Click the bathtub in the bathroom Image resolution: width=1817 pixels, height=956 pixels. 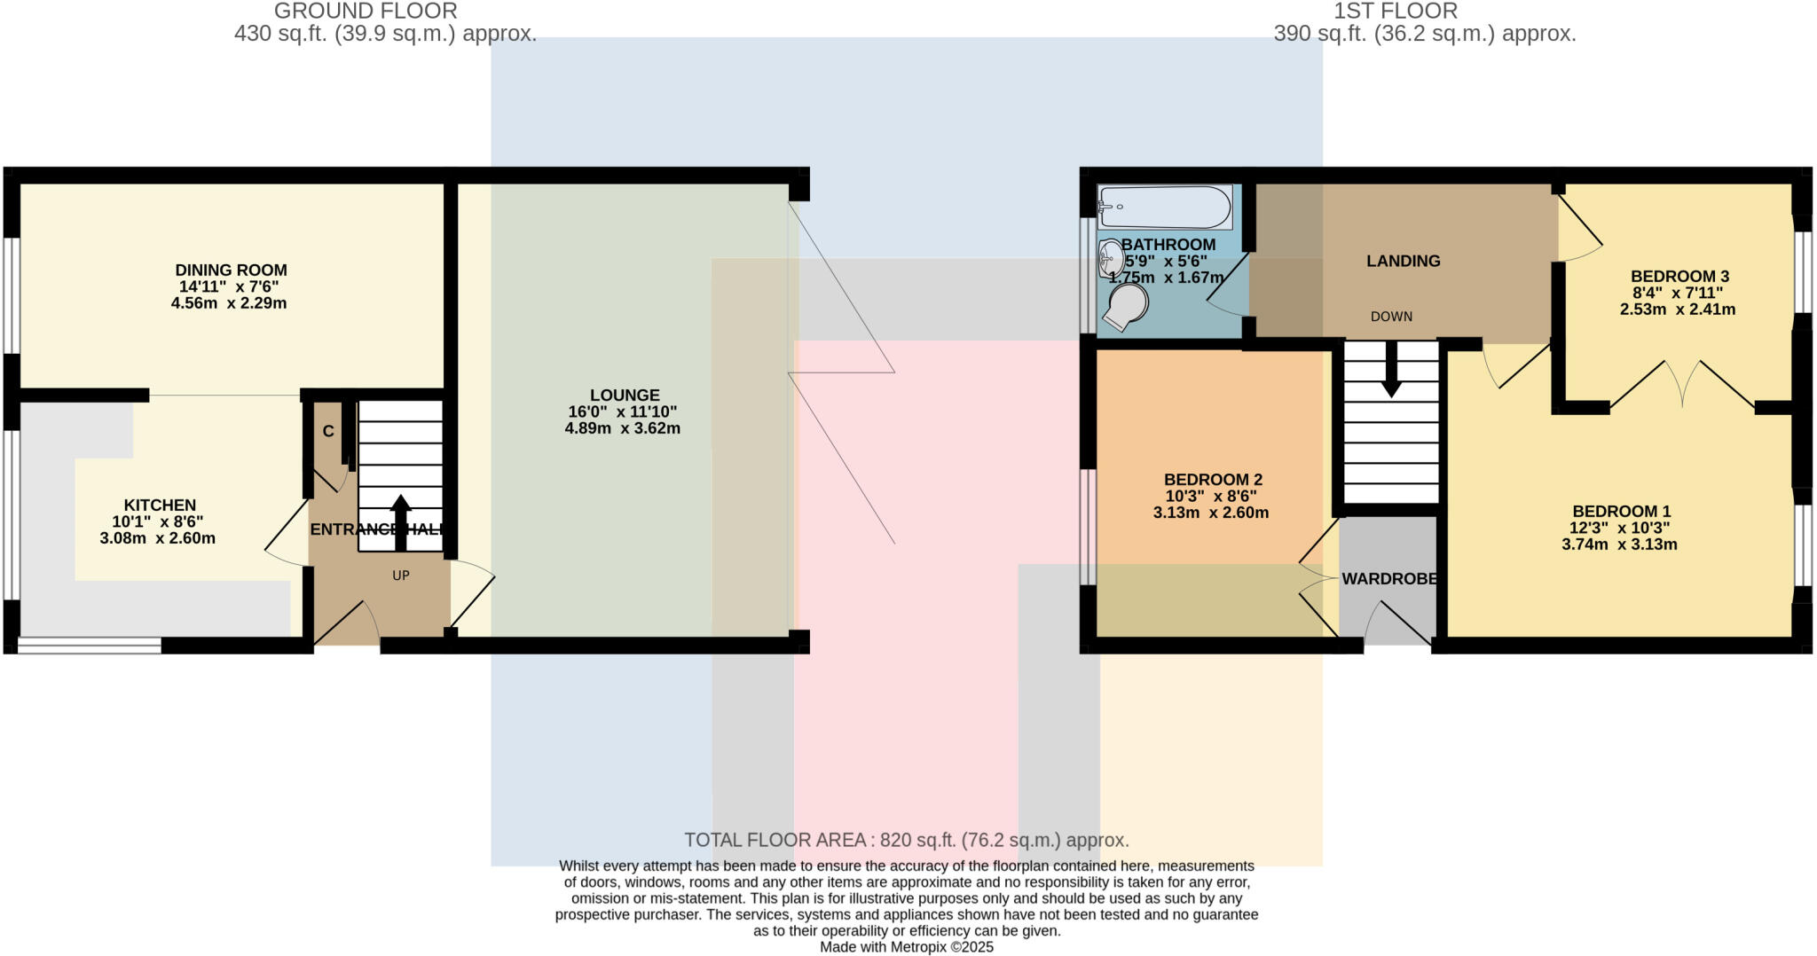point(1164,208)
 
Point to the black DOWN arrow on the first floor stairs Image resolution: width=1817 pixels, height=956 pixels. point(1391,369)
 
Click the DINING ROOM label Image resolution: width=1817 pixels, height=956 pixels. point(231,270)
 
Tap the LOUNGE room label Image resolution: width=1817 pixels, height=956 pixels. point(625,396)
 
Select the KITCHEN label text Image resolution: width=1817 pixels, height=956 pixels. point(160,505)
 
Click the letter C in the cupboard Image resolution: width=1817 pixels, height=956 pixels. point(328,432)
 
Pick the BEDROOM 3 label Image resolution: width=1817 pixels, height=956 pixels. point(1679,277)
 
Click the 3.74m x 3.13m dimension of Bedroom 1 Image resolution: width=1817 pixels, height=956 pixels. point(1619,545)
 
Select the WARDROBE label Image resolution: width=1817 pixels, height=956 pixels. point(1388,579)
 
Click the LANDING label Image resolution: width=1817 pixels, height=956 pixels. point(1403,261)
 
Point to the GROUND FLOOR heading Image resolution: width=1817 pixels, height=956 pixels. point(366,12)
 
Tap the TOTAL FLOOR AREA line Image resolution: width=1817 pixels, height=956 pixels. point(907,840)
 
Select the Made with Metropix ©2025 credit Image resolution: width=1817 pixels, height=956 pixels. point(907,947)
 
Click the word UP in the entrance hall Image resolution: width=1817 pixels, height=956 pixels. point(401,576)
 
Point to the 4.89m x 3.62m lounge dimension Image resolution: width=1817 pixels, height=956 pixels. point(625,428)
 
